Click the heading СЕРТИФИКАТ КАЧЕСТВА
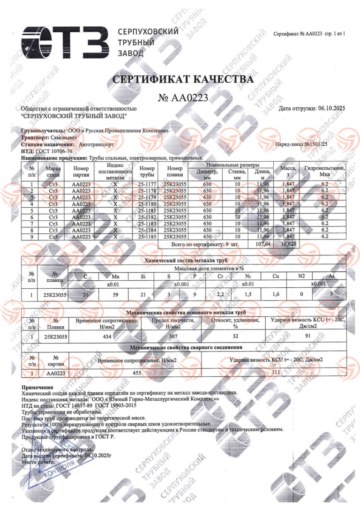coord(183,80)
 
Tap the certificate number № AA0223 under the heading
coord(183,97)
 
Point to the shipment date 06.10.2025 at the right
coord(331,108)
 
